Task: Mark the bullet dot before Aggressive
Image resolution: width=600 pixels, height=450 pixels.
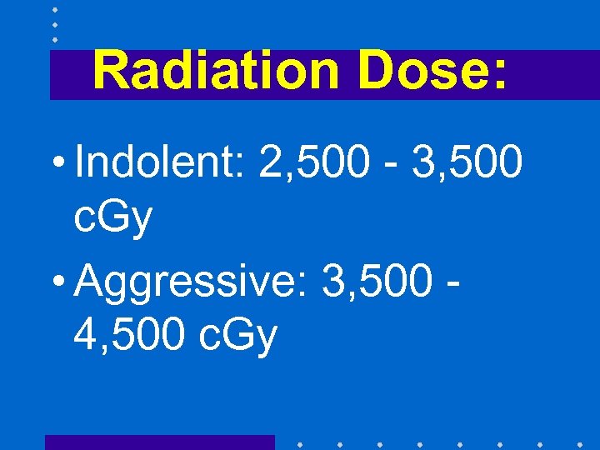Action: click(61, 282)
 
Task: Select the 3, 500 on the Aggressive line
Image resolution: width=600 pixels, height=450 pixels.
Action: click(375, 281)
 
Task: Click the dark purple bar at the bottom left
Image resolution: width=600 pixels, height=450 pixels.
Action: click(159, 442)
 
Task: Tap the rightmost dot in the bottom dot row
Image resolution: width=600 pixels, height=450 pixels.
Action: click(579, 443)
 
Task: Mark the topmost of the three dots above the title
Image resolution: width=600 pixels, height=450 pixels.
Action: click(55, 10)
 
